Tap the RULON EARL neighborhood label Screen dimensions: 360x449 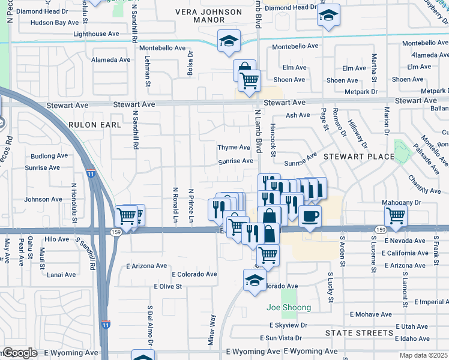(x=95, y=125)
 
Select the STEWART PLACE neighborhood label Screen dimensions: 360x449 (x=359, y=157)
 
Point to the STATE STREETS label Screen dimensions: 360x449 (x=359, y=333)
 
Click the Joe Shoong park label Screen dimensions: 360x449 (x=289, y=308)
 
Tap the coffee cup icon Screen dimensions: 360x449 (x=310, y=216)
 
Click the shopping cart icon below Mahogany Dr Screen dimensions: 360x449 (x=396, y=216)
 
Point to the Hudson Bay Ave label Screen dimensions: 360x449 (x=54, y=22)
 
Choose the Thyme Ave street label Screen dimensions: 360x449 (x=234, y=148)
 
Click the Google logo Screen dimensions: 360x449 (x=19, y=353)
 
